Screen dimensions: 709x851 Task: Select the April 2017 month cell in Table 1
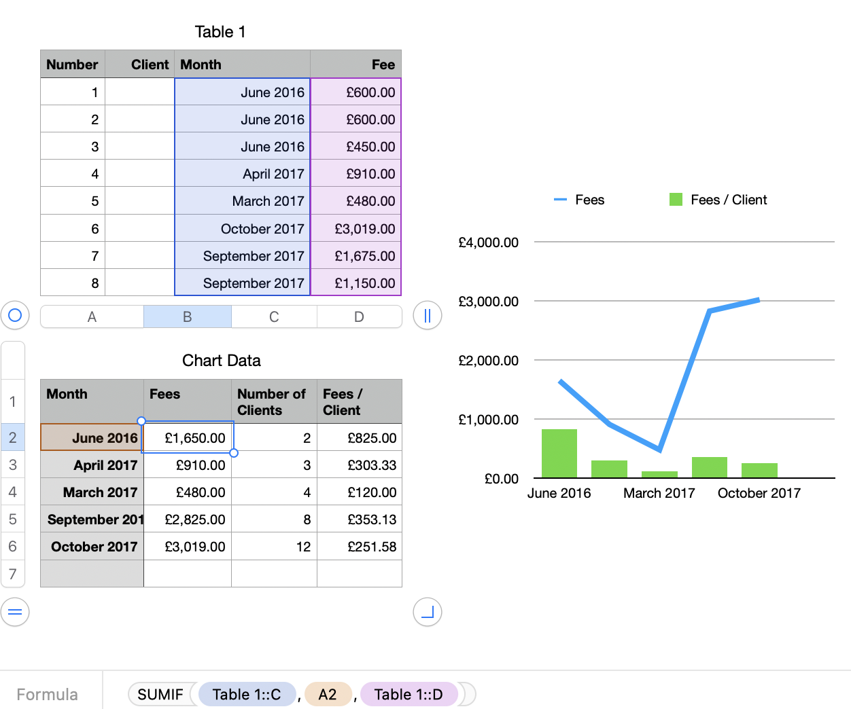[x=243, y=174]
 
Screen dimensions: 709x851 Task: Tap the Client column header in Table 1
[x=140, y=65]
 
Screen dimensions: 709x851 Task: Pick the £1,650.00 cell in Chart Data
[x=188, y=438]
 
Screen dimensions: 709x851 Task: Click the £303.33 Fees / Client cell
[x=360, y=465]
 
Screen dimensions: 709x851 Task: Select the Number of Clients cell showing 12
[x=275, y=547]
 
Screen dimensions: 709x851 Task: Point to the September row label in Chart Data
[x=92, y=520]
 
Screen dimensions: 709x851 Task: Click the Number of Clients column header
[x=274, y=402]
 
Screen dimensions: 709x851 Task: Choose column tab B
[x=188, y=316]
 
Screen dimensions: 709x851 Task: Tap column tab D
[x=359, y=316]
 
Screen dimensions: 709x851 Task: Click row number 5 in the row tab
[x=13, y=520]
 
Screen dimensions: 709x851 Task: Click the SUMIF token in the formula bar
[x=160, y=694]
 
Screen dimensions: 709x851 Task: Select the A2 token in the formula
[x=328, y=694]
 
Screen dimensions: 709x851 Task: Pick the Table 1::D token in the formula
[x=408, y=694]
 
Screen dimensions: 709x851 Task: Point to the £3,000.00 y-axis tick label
[x=488, y=302]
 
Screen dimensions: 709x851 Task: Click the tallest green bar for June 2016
[x=559, y=454]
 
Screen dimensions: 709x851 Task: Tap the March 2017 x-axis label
[x=659, y=493]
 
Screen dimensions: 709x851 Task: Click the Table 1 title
[x=220, y=32]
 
